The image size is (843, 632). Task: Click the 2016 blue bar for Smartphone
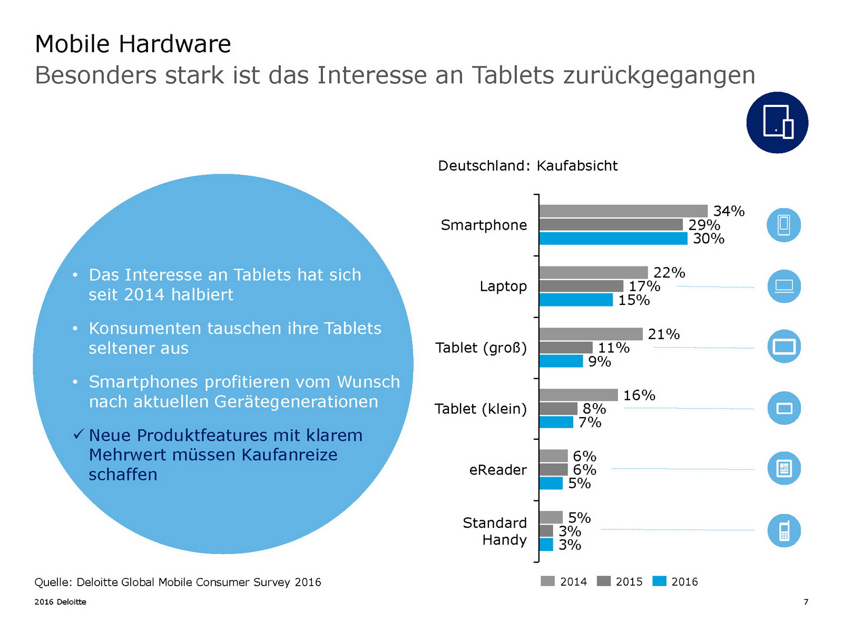[x=613, y=239]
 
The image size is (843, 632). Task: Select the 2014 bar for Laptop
[x=593, y=272]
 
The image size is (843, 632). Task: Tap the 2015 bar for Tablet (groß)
[x=566, y=348]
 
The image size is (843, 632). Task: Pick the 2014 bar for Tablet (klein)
[x=578, y=395]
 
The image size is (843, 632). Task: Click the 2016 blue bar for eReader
[x=551, y=483]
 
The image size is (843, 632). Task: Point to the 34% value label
[x=729, y=211]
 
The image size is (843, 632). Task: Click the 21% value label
[x=663, y=334]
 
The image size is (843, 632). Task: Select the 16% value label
[x=639, y=396]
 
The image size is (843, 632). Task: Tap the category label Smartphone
[x=484, y=225]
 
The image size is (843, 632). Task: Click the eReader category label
[x=498, y=470]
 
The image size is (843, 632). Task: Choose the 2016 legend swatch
[x=659, y=581]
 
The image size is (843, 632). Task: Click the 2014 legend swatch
[x=547, y=581]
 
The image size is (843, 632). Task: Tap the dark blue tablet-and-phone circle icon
[x=777, y=123]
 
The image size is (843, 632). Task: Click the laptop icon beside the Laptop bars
[x=784, y=286]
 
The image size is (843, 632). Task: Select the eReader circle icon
[x=784, y=468]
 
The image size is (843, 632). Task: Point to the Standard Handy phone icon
[x=784, y=530]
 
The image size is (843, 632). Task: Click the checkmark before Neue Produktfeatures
[x=79, y=434]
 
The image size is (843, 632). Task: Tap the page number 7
[x=806, y=602]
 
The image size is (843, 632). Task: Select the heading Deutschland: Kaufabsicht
[x=527, y=166]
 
